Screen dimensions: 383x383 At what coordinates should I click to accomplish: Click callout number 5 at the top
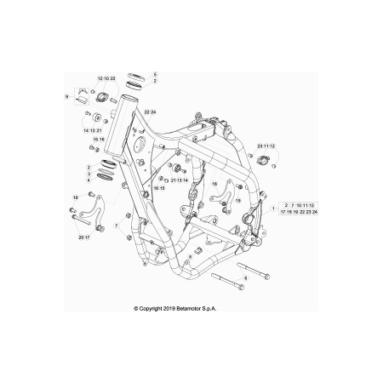coord(155,75)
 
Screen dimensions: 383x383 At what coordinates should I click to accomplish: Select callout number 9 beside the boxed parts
coord(66,97)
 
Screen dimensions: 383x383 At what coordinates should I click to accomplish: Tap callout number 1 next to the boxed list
coord(273,209)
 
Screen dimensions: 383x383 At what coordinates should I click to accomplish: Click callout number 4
coord(89,180)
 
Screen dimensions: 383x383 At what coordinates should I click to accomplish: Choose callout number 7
coord(116,226)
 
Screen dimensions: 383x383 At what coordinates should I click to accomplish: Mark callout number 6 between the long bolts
coord(246,278)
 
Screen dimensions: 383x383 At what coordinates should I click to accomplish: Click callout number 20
coord(81,237)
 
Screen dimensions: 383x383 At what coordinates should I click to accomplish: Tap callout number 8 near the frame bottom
coord(190,256)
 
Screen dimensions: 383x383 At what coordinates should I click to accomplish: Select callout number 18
coord(214,184)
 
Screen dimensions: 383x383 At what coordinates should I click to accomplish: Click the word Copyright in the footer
coord(151,308)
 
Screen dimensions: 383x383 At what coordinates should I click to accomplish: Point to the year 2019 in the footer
coord(169,308)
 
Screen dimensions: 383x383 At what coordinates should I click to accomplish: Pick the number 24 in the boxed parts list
coord(315,212)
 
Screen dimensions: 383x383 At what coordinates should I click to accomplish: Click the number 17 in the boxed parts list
coord(283,212)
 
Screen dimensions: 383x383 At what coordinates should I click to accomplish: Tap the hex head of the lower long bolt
coord(241,287)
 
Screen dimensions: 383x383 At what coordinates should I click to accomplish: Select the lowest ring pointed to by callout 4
coord(105,177)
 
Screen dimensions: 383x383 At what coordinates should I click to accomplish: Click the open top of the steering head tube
coord(129,98)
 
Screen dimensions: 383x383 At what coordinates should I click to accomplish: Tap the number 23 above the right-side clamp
coord(260,146)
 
